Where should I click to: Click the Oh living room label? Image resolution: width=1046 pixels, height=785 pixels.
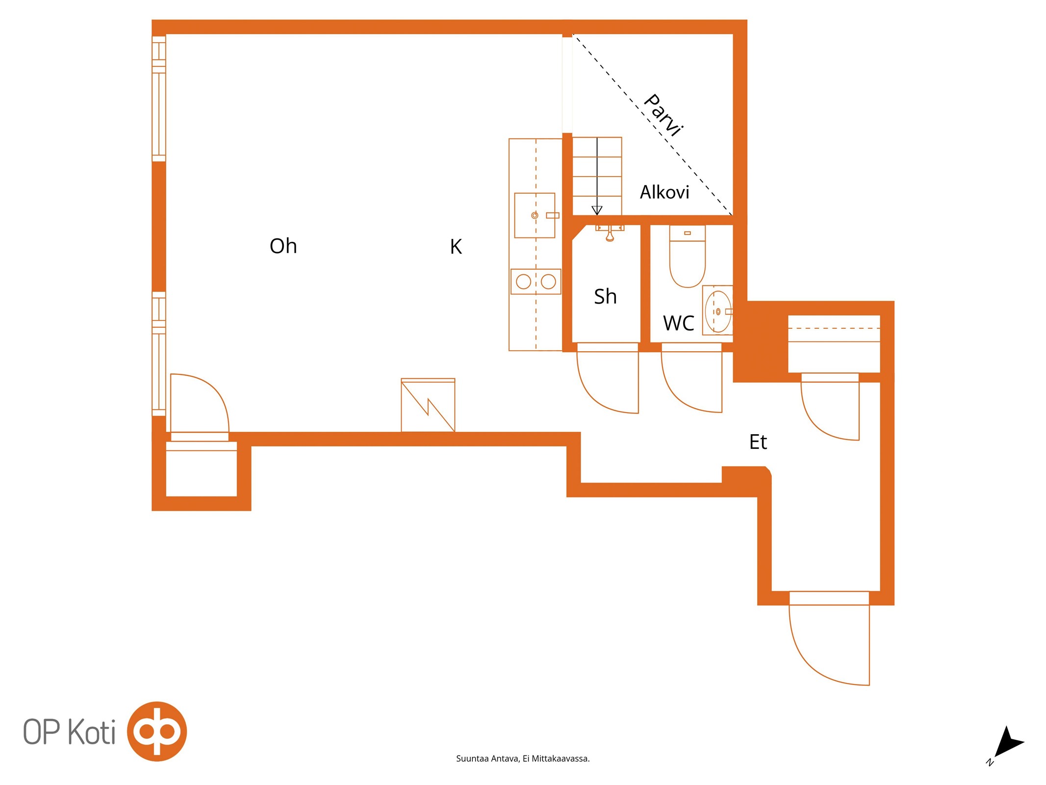283,246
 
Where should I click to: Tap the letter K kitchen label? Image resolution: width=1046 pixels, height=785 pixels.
456,247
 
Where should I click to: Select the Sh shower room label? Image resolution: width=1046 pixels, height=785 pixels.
605,296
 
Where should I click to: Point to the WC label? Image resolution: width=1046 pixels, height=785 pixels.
679,323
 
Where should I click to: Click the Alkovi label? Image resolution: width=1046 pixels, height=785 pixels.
664,192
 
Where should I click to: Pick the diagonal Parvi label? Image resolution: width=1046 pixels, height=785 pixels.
663,115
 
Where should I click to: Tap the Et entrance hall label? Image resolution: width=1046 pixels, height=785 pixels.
758,442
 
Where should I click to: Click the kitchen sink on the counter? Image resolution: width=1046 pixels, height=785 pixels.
535,215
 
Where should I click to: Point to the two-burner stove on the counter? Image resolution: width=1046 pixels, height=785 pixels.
536,282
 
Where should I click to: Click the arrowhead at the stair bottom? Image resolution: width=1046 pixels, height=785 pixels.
597,210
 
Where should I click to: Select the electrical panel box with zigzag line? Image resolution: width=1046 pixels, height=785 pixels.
428,405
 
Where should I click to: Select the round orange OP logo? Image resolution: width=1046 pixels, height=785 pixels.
157,731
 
